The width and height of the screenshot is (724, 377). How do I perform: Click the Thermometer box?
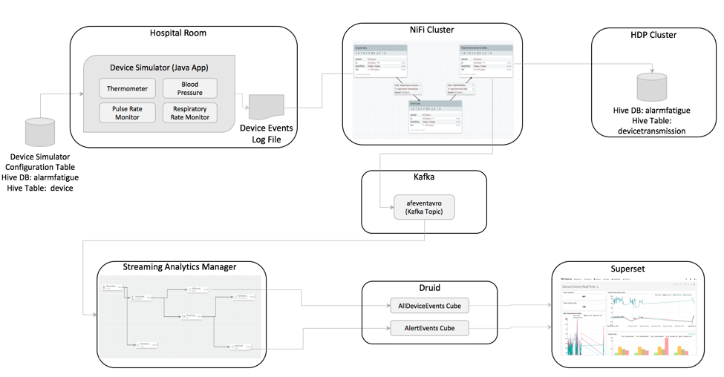(x=127, y=88)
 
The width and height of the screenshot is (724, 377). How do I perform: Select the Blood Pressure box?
(x=189, y=88)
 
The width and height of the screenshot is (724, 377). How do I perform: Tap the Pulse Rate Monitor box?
(x=127, y=113)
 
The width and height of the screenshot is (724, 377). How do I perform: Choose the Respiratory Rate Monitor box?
(x=189, y=113)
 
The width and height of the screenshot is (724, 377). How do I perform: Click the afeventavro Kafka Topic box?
(x=424, y=207)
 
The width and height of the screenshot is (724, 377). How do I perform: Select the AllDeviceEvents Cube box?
(x=430, y=306)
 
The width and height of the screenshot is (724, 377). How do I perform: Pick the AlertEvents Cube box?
(x=430, y=328)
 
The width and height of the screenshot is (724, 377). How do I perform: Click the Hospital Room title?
(x=178, y=33)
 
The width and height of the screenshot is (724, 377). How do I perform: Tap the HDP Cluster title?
(x=653, y=35)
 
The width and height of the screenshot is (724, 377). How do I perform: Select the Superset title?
(x=626, y=268)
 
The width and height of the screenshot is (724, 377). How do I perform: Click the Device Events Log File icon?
(x=266, y=107)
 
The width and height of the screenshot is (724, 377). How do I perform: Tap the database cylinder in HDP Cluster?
(x=651, y=88)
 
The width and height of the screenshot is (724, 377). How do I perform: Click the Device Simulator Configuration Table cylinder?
(x=40, y=132)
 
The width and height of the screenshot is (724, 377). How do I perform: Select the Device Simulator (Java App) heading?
(x=159, y=68)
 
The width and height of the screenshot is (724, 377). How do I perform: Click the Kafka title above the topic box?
(x=424, y=179)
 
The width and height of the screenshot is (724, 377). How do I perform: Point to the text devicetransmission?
(x=651, y=131)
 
